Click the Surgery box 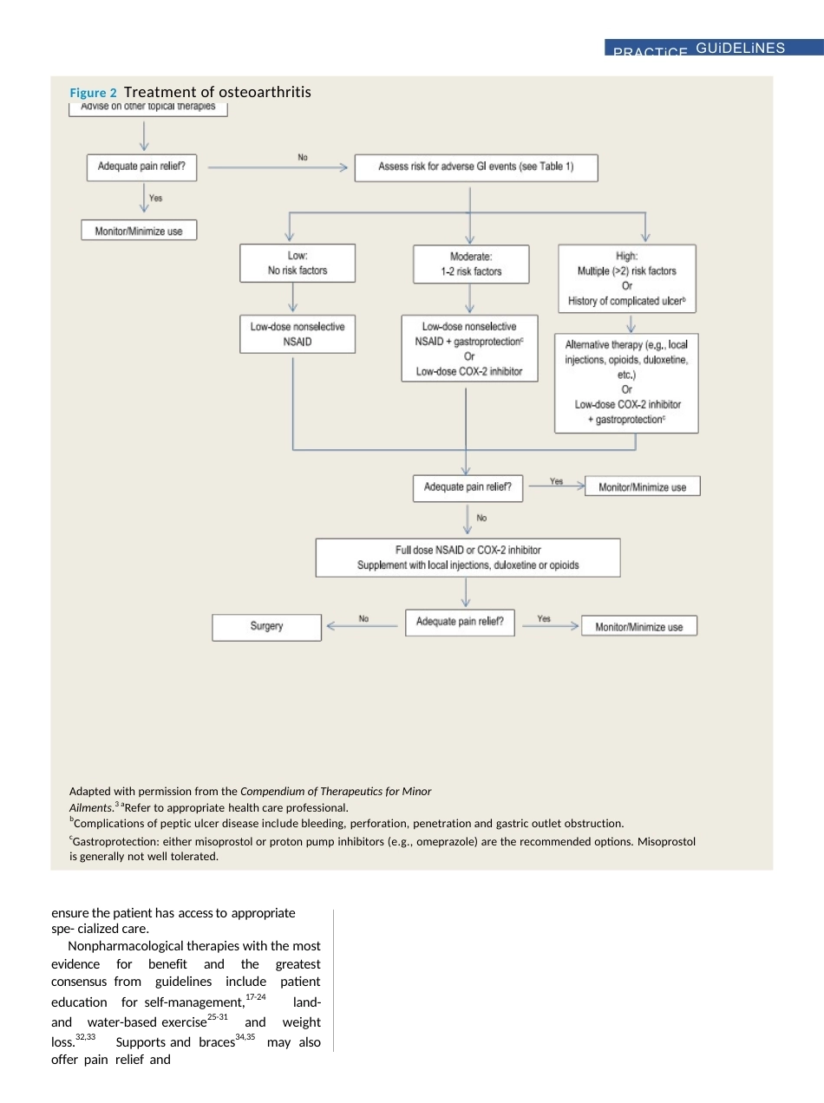point(267,627)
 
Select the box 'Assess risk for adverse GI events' point(476,168)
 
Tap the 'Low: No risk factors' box point(298,264)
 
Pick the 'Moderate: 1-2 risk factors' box point(471,264)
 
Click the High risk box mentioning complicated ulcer point(627,279)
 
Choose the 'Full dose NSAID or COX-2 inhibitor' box point(468,558)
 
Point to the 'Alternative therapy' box point(626,383)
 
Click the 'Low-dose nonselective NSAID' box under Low point(298,334)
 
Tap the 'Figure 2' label point(93,93)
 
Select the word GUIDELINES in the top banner point(740,49)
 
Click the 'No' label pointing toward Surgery point(363,618)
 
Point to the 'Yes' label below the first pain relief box point(156,198)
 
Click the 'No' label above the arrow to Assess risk point(303,157)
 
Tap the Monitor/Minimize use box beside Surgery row point(639,626)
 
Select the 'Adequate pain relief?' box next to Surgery point(460,623)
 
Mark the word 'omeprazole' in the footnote point(446,842)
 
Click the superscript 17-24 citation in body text point(256,996)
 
